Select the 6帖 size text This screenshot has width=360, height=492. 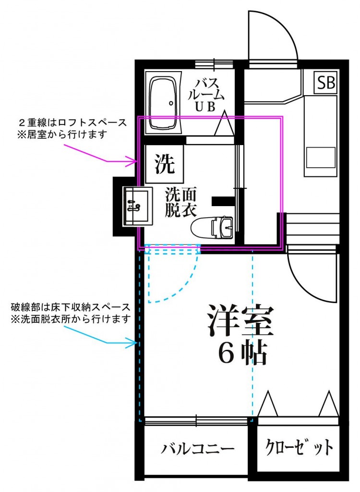tap(243, 354)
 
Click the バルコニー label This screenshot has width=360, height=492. tap(197, 450)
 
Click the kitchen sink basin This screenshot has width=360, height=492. tap(321, 158)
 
